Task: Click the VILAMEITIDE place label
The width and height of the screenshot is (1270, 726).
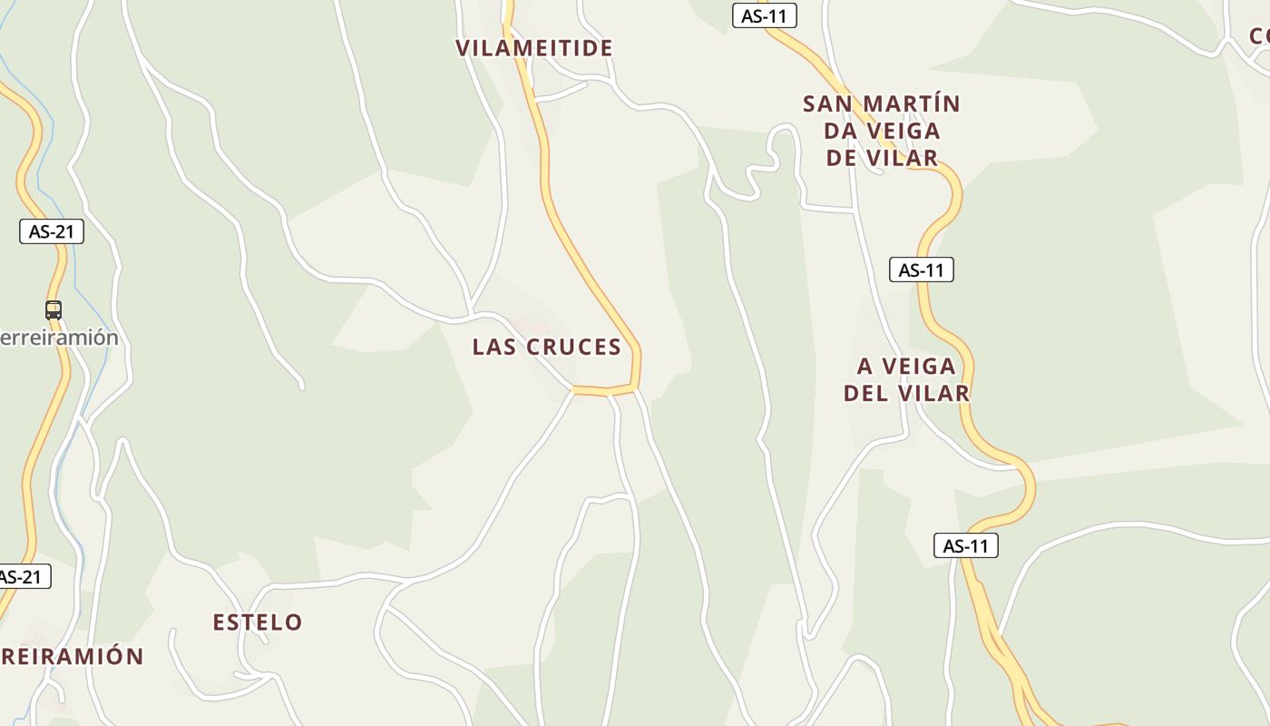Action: pos(534,48)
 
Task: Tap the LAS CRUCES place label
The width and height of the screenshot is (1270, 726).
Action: pos(547,347)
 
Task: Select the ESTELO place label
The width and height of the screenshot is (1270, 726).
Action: pos(258,623)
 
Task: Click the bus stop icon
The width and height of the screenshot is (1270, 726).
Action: pos(54,310)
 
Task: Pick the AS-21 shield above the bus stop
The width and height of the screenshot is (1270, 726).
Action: pos(52,231)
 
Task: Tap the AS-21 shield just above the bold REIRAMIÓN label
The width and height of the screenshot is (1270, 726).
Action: pos(22,576)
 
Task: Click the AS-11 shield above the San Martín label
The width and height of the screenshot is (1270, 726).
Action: pos(764,15)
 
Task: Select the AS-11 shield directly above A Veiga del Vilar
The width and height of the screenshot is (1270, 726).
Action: pos(921,270)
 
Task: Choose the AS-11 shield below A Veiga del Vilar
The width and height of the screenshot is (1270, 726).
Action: pos(965,545)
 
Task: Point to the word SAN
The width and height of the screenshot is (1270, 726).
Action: pos(827,104)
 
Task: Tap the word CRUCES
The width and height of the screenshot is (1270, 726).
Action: pos(575,347)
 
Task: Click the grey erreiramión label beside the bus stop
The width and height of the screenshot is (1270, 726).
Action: pos(60,338)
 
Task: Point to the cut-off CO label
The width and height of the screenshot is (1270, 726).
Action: pos(1259,36)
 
